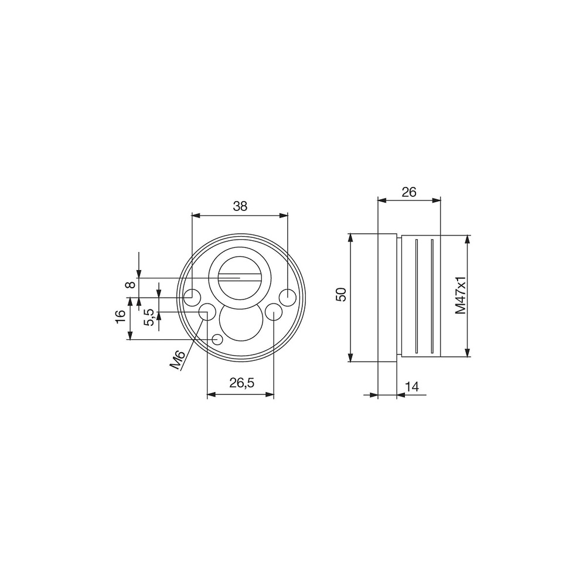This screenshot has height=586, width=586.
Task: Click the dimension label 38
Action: pos(240,206)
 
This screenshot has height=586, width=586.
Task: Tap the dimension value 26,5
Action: pos(242,383)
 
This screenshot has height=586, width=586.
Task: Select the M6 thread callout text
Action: pos(178,360)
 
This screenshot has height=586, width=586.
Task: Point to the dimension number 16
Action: pos(120,317)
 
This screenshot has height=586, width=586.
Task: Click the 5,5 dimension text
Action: pos(149,317)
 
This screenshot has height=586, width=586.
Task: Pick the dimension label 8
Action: pos(130,285)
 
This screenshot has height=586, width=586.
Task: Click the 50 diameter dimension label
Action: pos(342,294)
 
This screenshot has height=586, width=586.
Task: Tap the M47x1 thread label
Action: pos(461,295)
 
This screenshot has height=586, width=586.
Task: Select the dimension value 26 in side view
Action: pos(409,192)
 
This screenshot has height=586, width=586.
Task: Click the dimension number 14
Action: pos(412,386)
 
